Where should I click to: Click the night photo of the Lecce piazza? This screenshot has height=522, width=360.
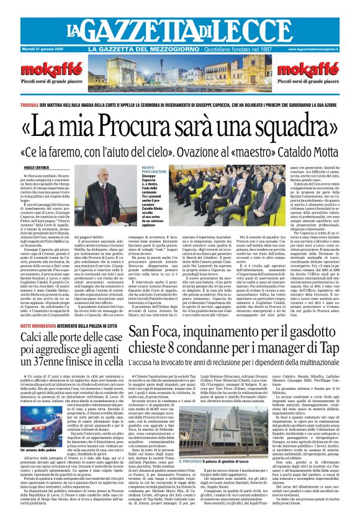[x=179, y=75]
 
